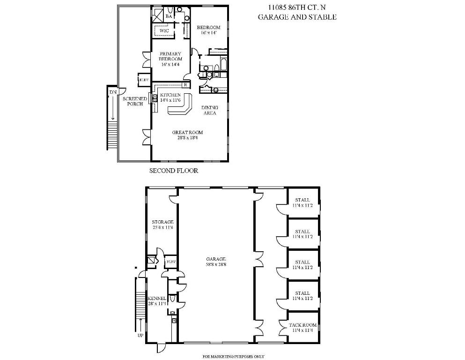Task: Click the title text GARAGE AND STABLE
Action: tap(297, 17)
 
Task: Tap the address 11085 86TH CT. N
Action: tap(297, 7)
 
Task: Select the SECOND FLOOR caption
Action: tap(173, 171)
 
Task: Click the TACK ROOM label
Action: tap(303, 325)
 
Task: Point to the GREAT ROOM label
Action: tap(187, 133)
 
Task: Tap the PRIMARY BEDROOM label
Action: tap(170, 56)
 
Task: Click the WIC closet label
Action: tap(164, 31)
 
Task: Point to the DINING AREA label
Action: tap(209, 110)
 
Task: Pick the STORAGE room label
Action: tap(162, 222)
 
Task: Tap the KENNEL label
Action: tap(156, 299)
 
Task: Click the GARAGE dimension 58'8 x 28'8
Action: tap(216, 264)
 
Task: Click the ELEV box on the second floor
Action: tap(144, 80)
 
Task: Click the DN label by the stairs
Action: tap(113, 92)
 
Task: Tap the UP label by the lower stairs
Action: tap(140, 336)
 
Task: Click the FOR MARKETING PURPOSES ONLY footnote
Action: tap(233, 357)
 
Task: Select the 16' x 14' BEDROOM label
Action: tap(208, 30)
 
